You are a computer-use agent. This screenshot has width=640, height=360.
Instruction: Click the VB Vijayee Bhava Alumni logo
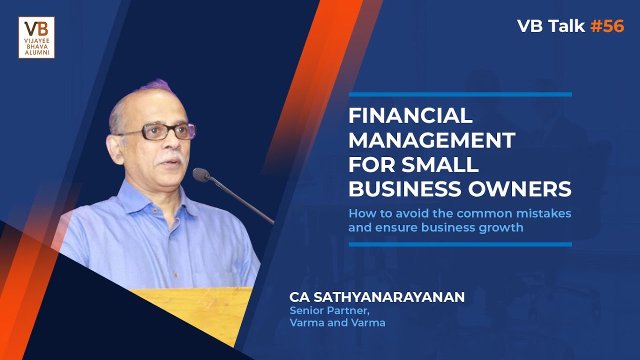(x=36, y=37)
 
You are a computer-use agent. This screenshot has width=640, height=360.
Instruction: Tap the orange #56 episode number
(x=607, y=26)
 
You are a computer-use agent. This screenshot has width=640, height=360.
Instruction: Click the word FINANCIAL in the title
(x=410, y=116)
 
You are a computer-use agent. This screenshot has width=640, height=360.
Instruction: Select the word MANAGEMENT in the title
(x=431, y=140)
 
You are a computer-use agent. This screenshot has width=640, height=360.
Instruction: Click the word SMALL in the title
(x=444, y=165)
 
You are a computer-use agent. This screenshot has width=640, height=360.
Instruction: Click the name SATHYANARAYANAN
(x=388, y=297)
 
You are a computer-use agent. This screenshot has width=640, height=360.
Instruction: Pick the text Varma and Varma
(x=337, y=323)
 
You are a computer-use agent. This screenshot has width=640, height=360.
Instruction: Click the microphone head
(x=201, y=174)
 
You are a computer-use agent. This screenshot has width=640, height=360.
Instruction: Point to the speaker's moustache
(x=169, y=161)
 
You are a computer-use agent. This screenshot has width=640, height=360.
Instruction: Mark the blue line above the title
(x=460, y=94)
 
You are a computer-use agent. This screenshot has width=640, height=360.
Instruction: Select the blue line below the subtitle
(x=460, y=244)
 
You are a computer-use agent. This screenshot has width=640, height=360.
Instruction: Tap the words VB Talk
(x=550, y=26)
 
